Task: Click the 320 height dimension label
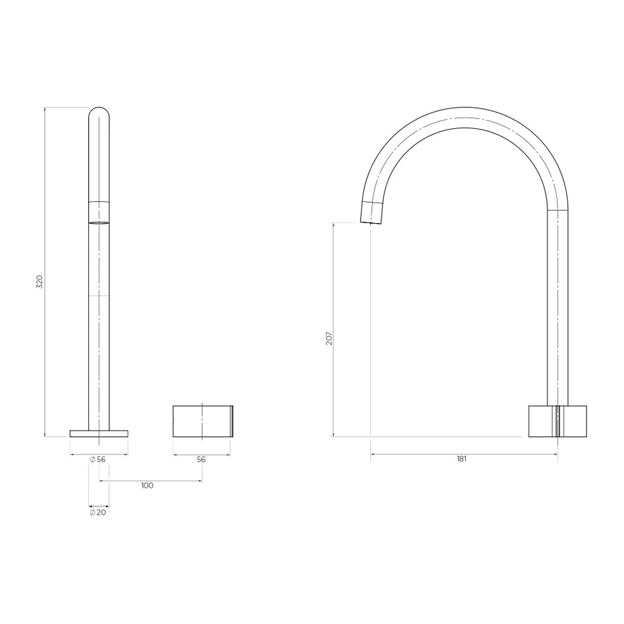(39, 282)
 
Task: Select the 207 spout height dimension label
(329, 338)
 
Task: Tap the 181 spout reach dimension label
(461, 459)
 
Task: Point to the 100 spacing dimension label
(147, 486)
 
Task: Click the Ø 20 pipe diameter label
(98, 512)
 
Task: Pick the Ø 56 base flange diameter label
(98, 460)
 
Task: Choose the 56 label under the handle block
(201, 460)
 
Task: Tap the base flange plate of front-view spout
(99, 433)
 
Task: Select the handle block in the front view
(202, 421)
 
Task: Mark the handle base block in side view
(557, 421)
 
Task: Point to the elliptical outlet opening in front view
(99, 222)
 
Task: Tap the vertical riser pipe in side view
(558, 306)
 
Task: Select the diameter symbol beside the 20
(92, 512)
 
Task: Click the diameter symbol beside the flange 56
(92, 460)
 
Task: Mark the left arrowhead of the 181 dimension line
(373, 454)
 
